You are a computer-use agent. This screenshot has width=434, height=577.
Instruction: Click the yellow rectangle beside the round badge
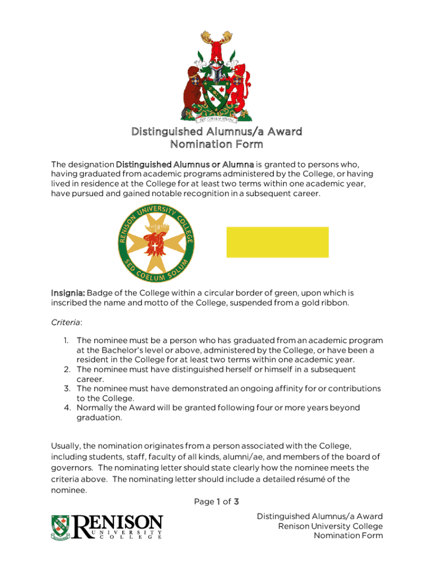pos(277,242)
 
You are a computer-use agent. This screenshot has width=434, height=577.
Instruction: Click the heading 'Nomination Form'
pos(216,145)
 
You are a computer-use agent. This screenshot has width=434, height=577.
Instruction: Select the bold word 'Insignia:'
pos(68,293)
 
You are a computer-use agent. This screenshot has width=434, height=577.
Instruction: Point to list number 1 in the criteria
pos(66,340)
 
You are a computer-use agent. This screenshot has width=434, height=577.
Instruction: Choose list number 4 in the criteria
pos(66,407)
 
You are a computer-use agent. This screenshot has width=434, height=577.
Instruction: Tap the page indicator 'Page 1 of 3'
pos(217,501)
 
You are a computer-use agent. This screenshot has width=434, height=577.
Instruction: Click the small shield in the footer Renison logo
pos(60,527)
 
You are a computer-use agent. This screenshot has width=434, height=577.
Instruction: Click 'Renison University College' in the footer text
pos(330,526)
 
